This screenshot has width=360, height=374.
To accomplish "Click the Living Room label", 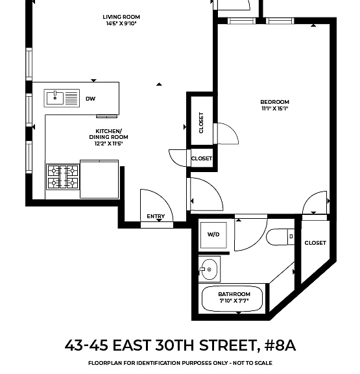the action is point(121,17).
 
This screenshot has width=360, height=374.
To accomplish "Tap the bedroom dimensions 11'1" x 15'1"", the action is point(275,108).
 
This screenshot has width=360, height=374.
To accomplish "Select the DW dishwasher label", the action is point(91,99).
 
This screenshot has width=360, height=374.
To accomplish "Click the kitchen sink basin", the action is point(55,98).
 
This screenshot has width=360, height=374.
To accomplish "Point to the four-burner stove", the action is point(63,177).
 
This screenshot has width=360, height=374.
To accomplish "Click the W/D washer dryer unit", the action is point(213,235).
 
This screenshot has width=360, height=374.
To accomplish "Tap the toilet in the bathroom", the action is point(280,237).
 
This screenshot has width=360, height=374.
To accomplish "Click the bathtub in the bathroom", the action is point(232,299).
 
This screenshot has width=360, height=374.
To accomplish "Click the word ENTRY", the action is point(156,216).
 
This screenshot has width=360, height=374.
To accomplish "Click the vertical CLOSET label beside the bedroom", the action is point(201,123).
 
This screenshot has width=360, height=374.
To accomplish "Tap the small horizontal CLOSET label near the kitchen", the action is point(202,158).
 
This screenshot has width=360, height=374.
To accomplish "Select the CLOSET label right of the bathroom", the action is point(315,243).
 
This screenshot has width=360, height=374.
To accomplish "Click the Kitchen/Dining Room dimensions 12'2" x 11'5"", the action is point(108,143).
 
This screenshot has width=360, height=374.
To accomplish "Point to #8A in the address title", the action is point(280,345).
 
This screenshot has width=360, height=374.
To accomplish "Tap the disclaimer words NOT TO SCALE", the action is point(252,363).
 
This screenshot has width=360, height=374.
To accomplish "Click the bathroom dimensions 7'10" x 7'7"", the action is point(234,301).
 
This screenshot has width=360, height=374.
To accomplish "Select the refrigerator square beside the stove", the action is point(99,179).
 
